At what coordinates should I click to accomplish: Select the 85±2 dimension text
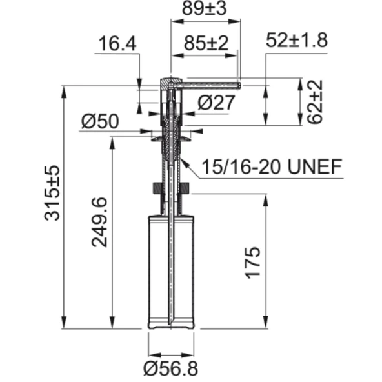point(205,44)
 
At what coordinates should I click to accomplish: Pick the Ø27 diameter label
point(215,102)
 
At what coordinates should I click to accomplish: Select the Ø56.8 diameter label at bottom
point(171,368)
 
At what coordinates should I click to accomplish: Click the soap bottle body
point(171,271)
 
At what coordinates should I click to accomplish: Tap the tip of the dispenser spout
point(239,84)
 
